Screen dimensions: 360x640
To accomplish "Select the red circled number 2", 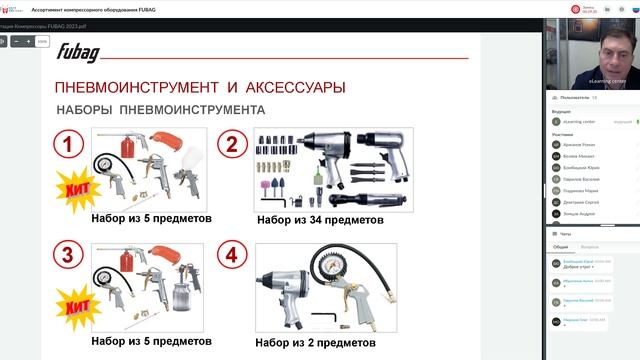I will tap(232, 146).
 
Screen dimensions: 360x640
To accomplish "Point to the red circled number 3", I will tap(67, 254).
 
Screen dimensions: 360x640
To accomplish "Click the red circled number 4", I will tap(232, 254).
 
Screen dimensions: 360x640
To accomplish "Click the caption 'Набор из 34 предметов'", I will tap(320, 219).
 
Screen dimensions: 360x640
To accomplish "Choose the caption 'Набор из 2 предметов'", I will tap(315, 342).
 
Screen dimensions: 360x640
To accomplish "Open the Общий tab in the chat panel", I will tap(561, 245).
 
